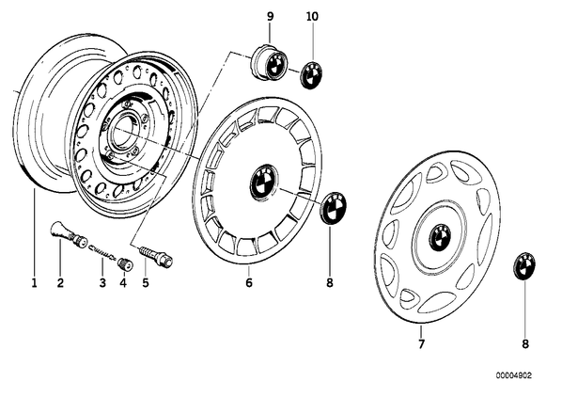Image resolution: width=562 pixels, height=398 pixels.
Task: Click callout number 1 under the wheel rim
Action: pos(34,283)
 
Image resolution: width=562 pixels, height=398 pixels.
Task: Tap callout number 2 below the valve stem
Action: pos(60,283)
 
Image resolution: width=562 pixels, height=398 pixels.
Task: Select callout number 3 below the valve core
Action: pos(102,283)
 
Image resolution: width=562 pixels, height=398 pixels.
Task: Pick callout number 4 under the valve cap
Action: pos(123,283)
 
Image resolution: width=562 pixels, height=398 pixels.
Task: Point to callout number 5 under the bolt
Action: pos(145,283)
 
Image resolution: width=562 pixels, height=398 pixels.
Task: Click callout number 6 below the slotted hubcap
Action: pos(249,283)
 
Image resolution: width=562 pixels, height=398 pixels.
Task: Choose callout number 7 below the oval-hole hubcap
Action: pos(421,343)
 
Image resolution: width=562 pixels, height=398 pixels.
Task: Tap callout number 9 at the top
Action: pos(271,17)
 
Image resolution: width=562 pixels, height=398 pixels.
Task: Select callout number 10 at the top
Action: pos(312,17)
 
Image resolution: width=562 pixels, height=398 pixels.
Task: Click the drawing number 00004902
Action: pos(514,375)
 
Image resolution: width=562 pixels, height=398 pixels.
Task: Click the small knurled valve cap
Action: pos(125,263)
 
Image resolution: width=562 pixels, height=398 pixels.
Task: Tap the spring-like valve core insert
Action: pos(102,252)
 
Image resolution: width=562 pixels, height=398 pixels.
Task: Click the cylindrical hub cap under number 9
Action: pos(269,63)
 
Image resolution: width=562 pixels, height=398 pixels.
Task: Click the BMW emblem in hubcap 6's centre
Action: pos(264,182)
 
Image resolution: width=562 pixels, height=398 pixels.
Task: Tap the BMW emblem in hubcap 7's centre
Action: pos(440,238)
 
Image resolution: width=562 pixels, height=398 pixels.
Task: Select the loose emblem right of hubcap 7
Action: pos(524,266)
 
